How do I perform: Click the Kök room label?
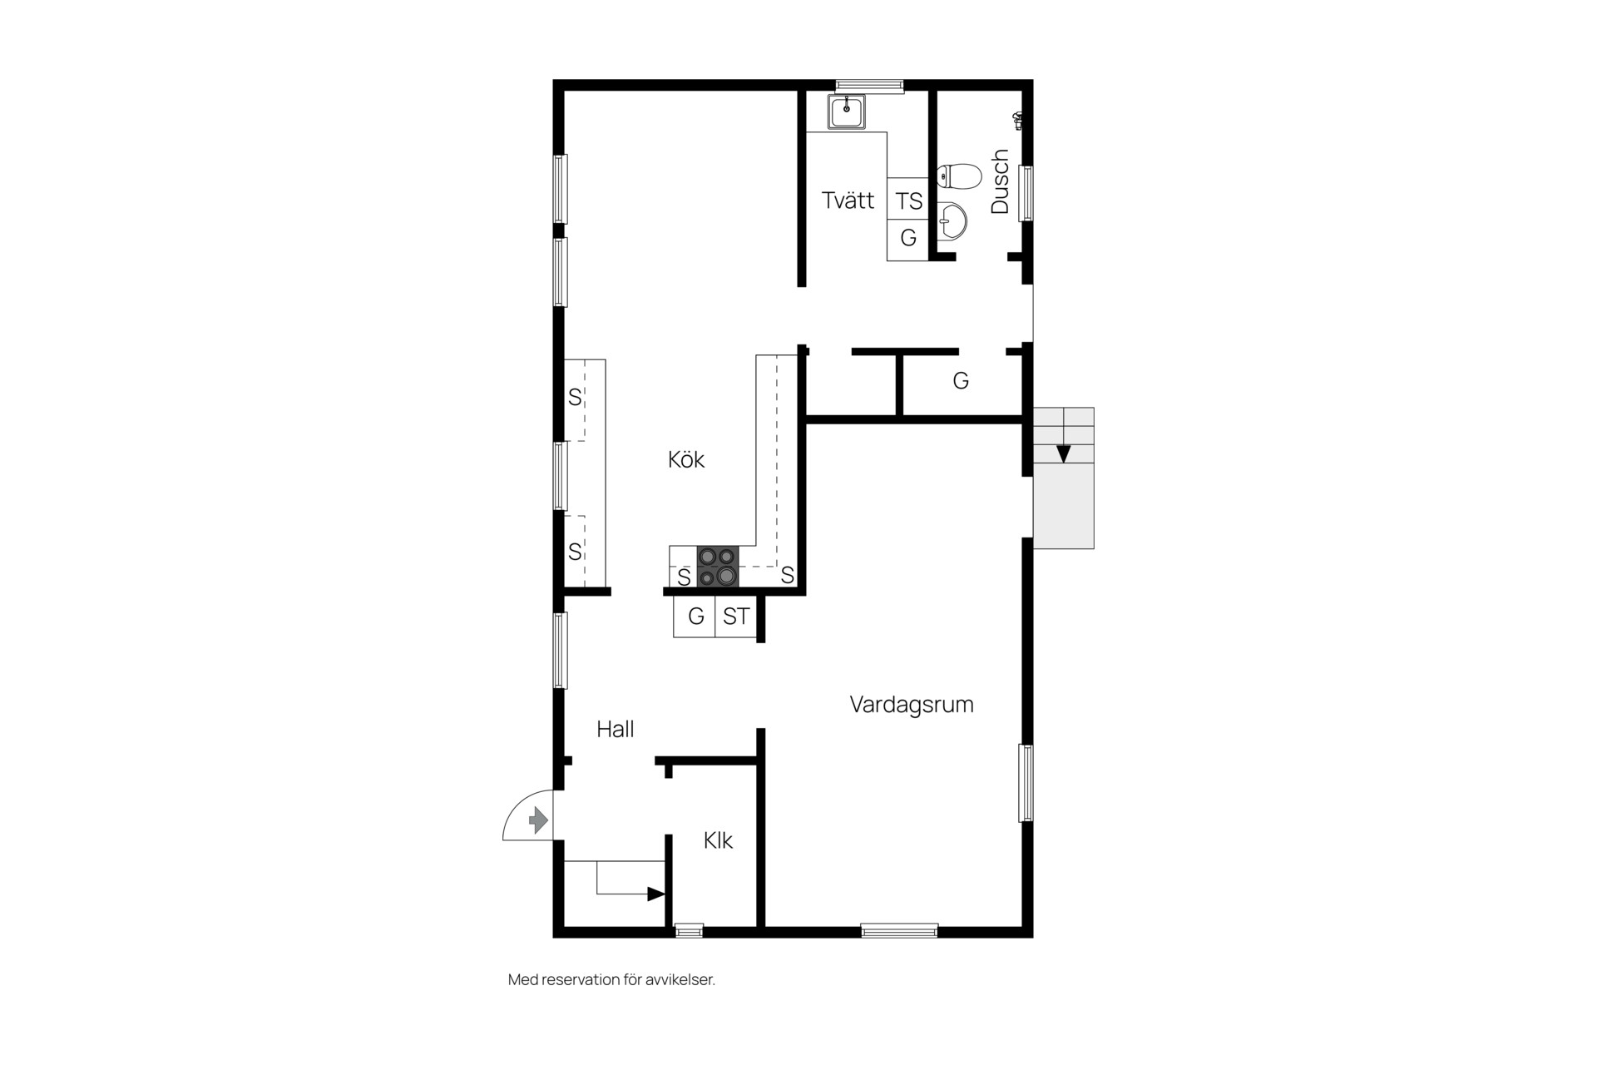point(686,459)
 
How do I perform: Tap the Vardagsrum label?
point(912,705)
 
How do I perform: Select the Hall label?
point(616,729)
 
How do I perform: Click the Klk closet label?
point(718,840)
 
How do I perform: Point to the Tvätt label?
point(848,200)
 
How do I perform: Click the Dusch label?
point(1000,181)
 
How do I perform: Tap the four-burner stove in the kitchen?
point(718,567)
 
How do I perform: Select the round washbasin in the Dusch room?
point(952,222)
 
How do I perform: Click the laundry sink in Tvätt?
point(847,112)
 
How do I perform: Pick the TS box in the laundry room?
point(908,200)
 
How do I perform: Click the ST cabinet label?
point(736,617)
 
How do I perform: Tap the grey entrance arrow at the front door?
point(538,820)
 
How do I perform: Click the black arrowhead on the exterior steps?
point(1064,454)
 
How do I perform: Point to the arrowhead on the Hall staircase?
point(656,894)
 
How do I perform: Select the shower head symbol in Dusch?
point(1018,121)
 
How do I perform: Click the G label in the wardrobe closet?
point(961,381)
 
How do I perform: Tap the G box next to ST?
point(695,617)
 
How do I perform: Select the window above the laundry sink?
point(869,85)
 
